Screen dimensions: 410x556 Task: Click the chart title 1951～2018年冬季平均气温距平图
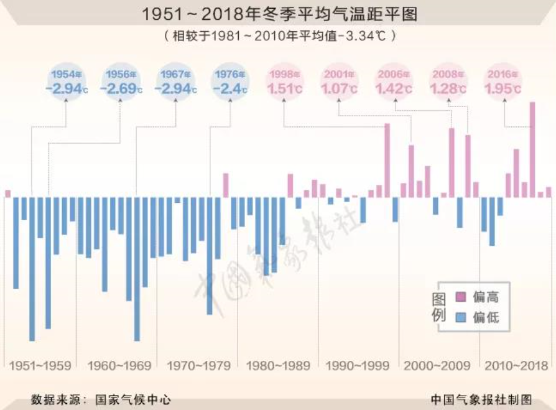pyautogui.click(x=278, y=14)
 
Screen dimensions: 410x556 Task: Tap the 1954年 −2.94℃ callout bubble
pyautogui.click(x=67, y=82)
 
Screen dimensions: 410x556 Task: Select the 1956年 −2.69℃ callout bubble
pyautogui.click(x=121, y=82)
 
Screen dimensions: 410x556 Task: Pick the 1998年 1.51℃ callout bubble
pyautogui.click(x=284, y=82)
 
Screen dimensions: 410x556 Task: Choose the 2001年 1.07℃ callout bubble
pyautogui.click(x=338, y=82)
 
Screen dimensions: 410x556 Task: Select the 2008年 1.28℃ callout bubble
pyautogui.click(x=448, y=82)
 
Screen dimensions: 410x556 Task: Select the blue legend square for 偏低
pyautogui.click(x=461, y=318)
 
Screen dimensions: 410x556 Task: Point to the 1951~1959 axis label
pyautogui.click(x=40, y=366)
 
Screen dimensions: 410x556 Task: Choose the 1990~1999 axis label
pyautogui.click(x=356, y=366)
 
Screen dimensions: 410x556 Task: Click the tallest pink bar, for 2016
pyautogui.click(x=532, y=149)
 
